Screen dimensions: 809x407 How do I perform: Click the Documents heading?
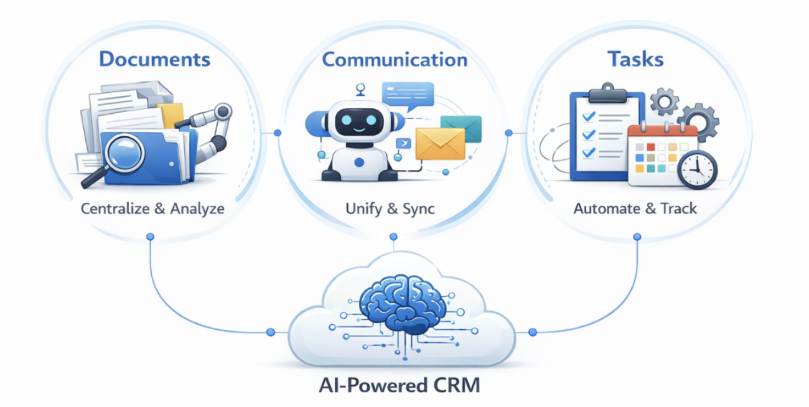pyautogui.click(x=154, y=59)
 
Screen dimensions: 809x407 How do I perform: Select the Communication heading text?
pyautogui.click(x=395, y=60)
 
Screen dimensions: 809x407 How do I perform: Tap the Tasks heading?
pyautogui.click(x=635, y=59)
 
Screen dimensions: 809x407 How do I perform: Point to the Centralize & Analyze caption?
pyautogui.click(x=152, y=208)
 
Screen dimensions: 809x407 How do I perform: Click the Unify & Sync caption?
pyautogui.click(x=390, y=209)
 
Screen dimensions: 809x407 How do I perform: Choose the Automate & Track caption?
pyautogui.click(x=635, y=208)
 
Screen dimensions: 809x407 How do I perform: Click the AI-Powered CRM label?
pyautogui.click(x=400, y=385)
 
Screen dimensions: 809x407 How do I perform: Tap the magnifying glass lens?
pyautogui.click(x=124, y=154)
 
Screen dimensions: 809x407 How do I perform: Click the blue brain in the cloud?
pyautogui.click(x=403, y=304)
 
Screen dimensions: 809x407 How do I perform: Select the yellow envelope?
pyautogui.click(x=440, y=144)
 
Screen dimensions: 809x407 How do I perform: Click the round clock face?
pyautogui.click(x=698, y=170)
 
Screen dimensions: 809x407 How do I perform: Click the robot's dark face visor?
pyautogui.click(x=359, y=122)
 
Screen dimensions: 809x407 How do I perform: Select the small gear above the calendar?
pyautogui.click(x=665, y=102)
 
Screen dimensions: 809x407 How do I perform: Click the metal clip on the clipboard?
pyautogui.click(x=608, y=93)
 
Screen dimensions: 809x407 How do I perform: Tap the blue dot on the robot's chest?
pyautogui.click(x=359, y=162)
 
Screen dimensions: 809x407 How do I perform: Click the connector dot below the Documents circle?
pyautogui.click(x=150, y=237)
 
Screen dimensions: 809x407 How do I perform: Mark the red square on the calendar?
pyautogui.click(x=651, y=147)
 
